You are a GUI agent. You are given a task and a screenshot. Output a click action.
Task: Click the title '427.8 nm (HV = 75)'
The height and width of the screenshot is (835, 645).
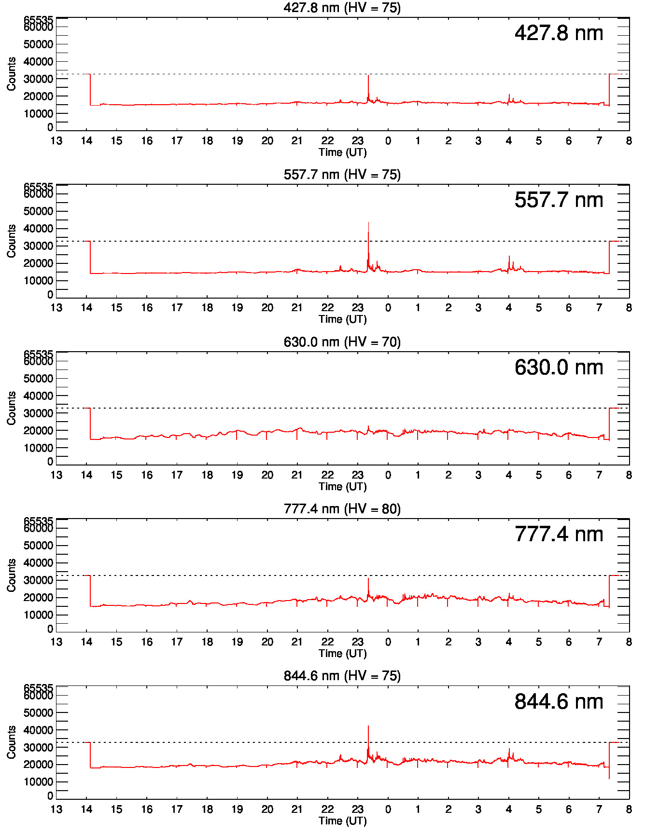(x=342, y=8)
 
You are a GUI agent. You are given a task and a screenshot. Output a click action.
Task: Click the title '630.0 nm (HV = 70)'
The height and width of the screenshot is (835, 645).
(x=342, y=342)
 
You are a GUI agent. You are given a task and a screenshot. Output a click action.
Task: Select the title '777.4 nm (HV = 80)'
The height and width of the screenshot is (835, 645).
(x=342, y=509)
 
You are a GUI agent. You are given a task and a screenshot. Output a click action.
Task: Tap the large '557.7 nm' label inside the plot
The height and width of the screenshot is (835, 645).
(x=559, y=200)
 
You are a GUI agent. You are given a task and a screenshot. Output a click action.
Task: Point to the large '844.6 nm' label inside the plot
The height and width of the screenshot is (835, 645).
(x=559, y=702)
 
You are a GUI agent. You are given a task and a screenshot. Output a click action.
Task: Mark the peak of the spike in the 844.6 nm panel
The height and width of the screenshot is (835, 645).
(x=368, y=726)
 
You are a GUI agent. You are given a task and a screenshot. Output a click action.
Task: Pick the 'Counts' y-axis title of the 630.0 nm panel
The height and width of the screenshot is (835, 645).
(x=11, y=408)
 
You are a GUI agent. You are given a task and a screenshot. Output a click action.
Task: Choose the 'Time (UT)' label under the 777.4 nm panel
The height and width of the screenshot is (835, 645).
(x=342, y=654)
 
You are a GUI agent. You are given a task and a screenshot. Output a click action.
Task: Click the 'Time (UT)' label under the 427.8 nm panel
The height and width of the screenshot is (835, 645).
(x=342, y=152)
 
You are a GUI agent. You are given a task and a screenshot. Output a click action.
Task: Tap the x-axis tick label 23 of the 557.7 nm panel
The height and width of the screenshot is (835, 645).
(x=357, y=308)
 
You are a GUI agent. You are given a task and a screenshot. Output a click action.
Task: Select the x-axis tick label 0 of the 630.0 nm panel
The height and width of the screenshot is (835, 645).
(x=388, y=475)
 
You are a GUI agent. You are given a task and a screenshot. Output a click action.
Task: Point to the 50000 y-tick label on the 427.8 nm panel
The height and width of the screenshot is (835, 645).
(x=38, y=44)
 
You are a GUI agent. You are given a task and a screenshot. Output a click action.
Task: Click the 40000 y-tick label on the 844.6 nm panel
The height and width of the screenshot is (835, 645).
(x=38, y=730)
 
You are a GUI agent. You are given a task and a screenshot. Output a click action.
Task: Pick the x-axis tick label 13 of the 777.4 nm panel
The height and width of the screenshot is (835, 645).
(x=56, y=642)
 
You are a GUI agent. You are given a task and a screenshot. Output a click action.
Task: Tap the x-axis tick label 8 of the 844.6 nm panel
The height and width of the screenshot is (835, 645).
(x=629, y=809)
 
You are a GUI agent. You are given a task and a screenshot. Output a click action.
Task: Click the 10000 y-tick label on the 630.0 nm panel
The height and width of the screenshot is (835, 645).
(x=38, y=448)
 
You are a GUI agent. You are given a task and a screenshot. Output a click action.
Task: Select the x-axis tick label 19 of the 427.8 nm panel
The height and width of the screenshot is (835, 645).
(x=237, y=141)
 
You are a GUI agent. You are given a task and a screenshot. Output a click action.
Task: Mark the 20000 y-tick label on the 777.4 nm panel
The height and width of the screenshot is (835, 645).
(x=38, y=598)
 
